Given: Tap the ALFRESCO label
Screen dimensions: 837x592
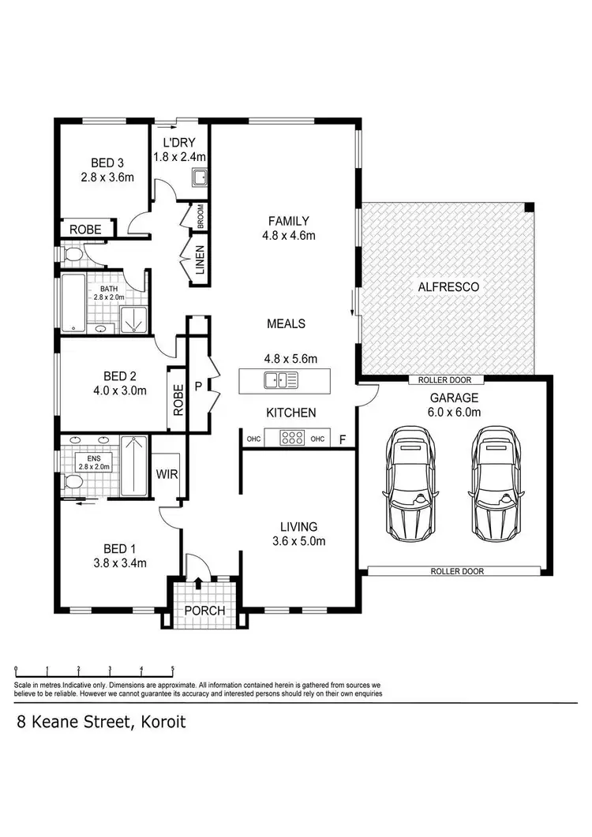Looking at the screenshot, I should coord(448,287).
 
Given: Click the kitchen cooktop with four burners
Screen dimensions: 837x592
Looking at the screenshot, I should coord(293,439).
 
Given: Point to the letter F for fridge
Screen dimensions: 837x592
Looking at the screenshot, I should coord(342,440).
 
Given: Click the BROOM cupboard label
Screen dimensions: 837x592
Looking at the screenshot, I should coord(200,216).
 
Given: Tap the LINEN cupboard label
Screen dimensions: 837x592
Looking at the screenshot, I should coord(200,261).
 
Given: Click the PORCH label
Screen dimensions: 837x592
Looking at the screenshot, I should coord(204,611).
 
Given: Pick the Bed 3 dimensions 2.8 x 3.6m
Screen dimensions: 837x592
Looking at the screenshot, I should coord(107,177).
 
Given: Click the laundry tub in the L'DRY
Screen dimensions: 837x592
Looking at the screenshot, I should coord(200,177).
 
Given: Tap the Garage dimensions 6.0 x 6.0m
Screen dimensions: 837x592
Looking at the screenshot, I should coord(452,412).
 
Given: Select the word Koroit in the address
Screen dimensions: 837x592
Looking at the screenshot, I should coord(160,722).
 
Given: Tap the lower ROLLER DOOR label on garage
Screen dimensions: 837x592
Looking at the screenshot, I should coord(457,570).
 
